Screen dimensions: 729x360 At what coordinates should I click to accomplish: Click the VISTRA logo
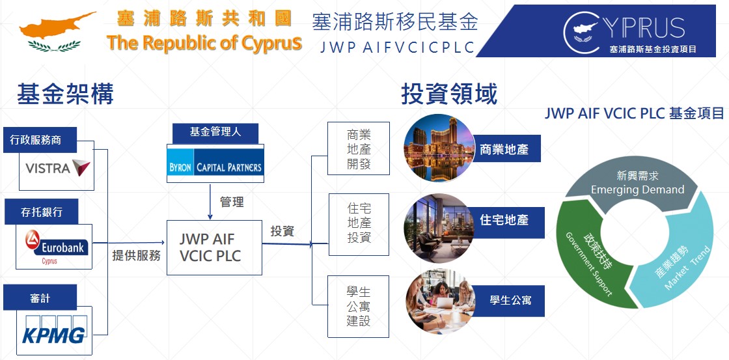(58, 168)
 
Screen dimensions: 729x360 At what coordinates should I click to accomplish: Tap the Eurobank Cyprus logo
(55, 247)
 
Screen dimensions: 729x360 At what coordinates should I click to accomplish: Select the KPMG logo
(54, 330)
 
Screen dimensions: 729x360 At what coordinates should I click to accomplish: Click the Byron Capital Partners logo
(215, 167)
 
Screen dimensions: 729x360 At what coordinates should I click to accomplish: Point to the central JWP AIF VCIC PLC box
(214, 247)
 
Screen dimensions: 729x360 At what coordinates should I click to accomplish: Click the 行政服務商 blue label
(40, 139)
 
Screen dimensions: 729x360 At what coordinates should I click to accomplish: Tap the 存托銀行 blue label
(42, 212)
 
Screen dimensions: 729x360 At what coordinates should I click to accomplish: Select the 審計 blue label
(40, 298)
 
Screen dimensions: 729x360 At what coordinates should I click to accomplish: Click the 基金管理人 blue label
(215, 133)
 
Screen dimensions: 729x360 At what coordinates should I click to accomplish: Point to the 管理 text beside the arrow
(232, 202)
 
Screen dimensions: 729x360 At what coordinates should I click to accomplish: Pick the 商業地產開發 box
(359, 148)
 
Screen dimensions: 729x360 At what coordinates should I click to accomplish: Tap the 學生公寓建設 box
(359, 307)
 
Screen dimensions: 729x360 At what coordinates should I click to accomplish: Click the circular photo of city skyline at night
(439, 148)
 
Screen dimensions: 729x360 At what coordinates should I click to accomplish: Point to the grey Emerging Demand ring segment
(637, 182)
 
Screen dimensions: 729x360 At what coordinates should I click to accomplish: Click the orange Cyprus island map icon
(56, 26)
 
